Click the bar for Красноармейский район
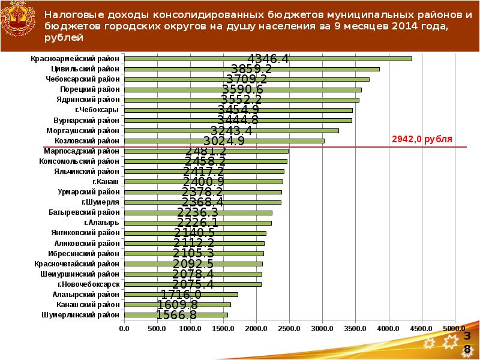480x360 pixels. pos(268,58)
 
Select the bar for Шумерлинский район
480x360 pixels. pos(176,314)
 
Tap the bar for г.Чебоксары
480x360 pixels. pos(238,110)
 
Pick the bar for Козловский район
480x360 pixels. pos(224,140)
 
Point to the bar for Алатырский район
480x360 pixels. pos(181,294)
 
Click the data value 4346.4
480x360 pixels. pos(268,59)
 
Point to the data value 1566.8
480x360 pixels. pos(176,315)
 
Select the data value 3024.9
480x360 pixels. pos(224,141)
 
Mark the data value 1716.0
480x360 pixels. pos(181,295)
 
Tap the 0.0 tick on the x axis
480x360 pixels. pos(124,328)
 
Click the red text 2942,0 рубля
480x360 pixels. pos(422,139)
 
